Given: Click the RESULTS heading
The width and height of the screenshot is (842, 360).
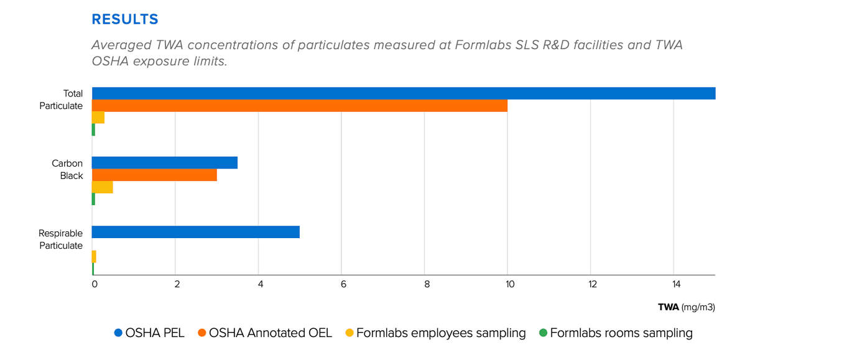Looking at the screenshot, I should coord(125,19).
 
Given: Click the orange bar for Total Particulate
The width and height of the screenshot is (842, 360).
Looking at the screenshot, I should coord(299,106).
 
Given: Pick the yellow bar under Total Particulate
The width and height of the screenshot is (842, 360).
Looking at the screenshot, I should coord(98,118).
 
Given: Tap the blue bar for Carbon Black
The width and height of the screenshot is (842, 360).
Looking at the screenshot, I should coord(164,163).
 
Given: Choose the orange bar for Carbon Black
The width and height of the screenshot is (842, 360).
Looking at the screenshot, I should coord(154,175).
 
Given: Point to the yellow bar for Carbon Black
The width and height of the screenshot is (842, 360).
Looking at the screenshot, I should coord(102,187).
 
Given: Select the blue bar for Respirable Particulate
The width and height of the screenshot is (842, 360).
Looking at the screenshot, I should coord(195,232).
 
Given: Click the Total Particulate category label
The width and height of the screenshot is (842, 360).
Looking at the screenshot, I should coord(61,99).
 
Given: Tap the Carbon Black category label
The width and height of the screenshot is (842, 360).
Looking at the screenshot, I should coord(67,169).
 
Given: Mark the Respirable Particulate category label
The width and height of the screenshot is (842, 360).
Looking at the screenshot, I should coord(60,239).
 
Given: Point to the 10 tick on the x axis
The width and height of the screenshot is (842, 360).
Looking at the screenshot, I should coord(509,285).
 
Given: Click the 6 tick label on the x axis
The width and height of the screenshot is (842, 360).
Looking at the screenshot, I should coord(343,285).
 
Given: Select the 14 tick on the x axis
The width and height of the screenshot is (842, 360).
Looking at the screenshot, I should coord(675,285).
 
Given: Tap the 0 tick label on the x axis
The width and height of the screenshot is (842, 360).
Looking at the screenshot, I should coord(95,285).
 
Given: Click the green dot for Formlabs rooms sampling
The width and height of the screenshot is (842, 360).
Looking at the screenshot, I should coord(543,333).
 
